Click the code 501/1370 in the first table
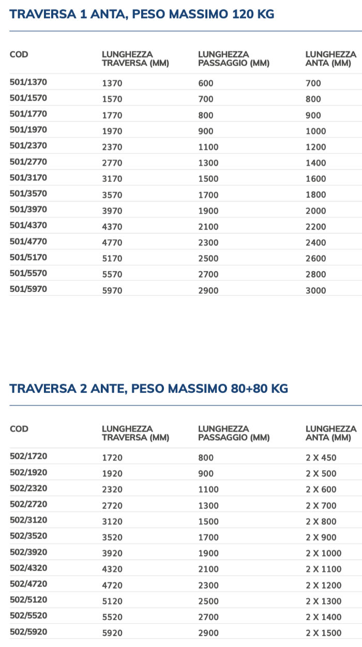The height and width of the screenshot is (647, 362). coord(28,82)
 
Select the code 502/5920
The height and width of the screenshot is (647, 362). coord(28,632)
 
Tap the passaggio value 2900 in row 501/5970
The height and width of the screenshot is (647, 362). coord(208,290)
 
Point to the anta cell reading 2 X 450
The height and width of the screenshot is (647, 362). coord(321,457)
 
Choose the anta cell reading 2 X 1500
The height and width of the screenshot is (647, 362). coord(323,633)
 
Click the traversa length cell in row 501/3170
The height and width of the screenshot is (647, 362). coord(112,179)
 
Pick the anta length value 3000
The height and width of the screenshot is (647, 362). coord(316,290)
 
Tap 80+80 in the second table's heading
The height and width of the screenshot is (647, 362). coord(243,389)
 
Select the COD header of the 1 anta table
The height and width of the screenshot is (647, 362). coord(19,54)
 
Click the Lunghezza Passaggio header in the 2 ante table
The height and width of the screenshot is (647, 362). coord(234,433)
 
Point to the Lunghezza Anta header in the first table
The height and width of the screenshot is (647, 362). coord(331,58)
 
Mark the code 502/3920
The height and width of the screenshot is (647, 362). coord(28,552)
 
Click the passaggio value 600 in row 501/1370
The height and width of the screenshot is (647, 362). coord(206,83)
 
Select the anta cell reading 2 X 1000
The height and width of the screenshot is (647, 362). coord(323,553)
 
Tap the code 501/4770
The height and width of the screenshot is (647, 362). coord(28,241)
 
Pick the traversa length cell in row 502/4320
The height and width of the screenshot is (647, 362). coord(112,569)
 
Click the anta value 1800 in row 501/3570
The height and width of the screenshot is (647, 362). coord(316,195)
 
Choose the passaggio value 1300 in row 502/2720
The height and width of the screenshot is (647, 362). coord(208,505)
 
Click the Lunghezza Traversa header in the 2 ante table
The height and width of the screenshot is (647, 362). coord(135,433)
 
